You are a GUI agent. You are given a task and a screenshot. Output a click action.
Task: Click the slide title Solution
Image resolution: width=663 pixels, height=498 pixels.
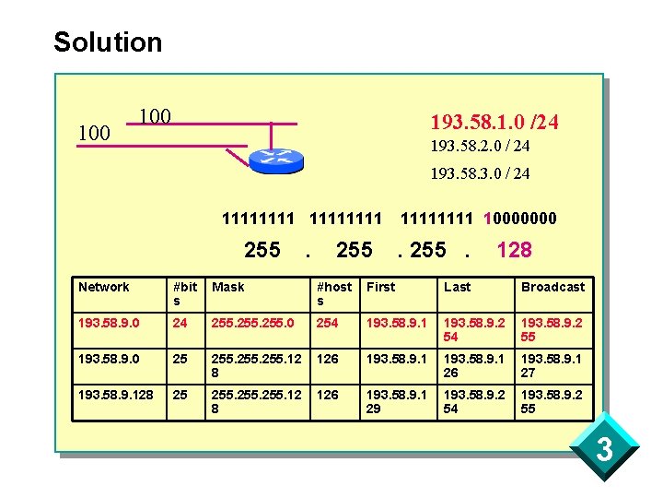(108, 42)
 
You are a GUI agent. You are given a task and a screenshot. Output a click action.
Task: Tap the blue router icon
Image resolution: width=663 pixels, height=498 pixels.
(275, 160)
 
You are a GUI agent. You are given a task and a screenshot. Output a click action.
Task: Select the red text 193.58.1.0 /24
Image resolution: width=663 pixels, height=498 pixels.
(494, 122)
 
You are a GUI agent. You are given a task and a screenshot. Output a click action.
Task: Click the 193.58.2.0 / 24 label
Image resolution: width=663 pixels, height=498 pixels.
(480, 147)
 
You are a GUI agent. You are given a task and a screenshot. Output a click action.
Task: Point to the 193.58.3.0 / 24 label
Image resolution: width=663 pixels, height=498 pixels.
(480, 173)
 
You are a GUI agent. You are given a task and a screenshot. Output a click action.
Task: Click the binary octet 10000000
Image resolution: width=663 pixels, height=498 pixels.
(520, 219)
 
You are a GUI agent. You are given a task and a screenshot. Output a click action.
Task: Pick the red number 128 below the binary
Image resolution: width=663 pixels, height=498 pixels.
(514, 249)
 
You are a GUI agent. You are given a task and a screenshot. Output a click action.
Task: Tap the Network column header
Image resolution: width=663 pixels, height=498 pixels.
(104, 287)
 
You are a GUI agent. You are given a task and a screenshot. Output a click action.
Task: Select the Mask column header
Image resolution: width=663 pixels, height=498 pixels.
(228, 287)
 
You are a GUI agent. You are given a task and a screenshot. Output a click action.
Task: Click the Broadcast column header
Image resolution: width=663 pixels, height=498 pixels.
(552, 287)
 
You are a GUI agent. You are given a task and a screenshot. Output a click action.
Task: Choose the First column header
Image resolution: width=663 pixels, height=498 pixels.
(380, 287)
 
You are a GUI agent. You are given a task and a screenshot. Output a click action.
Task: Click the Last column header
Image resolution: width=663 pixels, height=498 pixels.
(457, 287)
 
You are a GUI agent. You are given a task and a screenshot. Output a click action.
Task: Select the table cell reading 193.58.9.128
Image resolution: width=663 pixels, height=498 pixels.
(116, 394)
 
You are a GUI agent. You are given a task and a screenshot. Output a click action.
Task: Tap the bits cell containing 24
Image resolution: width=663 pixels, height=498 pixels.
(180, 324)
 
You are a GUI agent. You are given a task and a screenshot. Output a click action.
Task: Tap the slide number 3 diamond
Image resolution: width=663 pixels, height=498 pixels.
(605, 451)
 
